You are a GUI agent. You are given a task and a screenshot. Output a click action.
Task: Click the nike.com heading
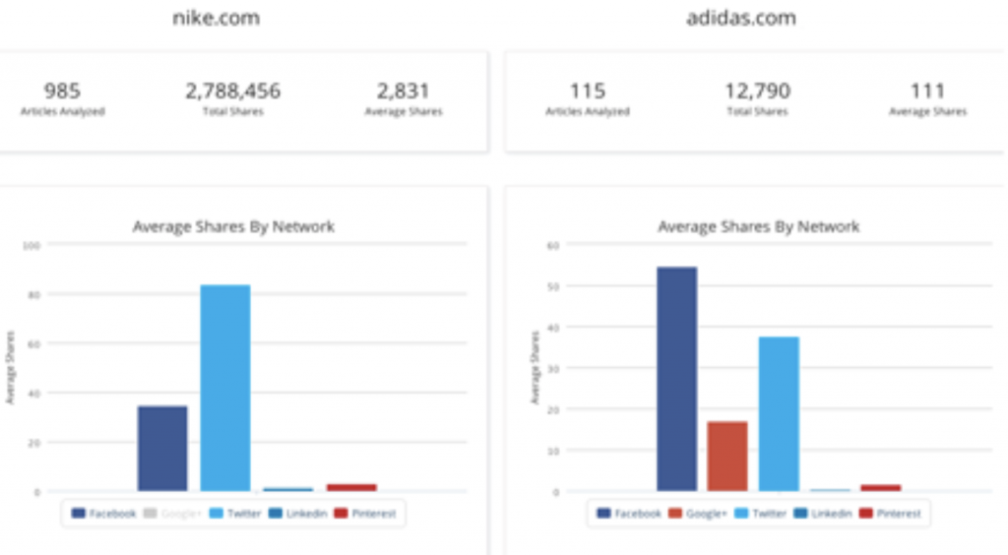click(217, 18)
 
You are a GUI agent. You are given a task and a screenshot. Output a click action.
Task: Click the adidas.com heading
click(741, 18)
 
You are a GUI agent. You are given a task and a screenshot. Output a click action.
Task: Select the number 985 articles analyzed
click(62, 92)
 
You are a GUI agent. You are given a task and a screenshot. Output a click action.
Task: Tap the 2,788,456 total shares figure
click(232, 92)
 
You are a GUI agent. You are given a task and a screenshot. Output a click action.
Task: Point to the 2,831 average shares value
click(403, 92)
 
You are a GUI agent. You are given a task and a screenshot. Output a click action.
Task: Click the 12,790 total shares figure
click(757, 92)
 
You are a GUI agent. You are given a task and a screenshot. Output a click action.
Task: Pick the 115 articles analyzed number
click(587, 92)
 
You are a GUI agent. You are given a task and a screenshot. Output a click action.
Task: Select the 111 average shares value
click(927, 92)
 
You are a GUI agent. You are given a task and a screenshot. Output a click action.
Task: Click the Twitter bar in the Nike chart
click(225, 388)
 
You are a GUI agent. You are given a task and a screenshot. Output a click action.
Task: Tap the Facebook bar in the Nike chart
click(162, 448)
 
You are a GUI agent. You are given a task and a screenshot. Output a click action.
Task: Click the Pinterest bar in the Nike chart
click(351, 487)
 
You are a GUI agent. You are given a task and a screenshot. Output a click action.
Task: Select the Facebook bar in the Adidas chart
click(676, 379)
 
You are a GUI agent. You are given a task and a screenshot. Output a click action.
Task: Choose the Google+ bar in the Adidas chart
click(727, 456)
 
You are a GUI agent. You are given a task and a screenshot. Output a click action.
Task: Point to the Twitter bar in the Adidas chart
click(779, 413)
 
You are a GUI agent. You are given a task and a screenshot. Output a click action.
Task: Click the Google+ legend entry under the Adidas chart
click(700, 514)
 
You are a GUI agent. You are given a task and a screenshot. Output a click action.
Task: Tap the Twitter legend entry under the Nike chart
click(235, 514)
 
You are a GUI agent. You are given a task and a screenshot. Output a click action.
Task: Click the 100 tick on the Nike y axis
click(30, 245)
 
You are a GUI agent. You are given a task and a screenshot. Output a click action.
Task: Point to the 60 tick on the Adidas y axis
click(554, 245)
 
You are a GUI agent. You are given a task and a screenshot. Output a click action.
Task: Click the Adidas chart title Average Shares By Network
click(758, 226)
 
